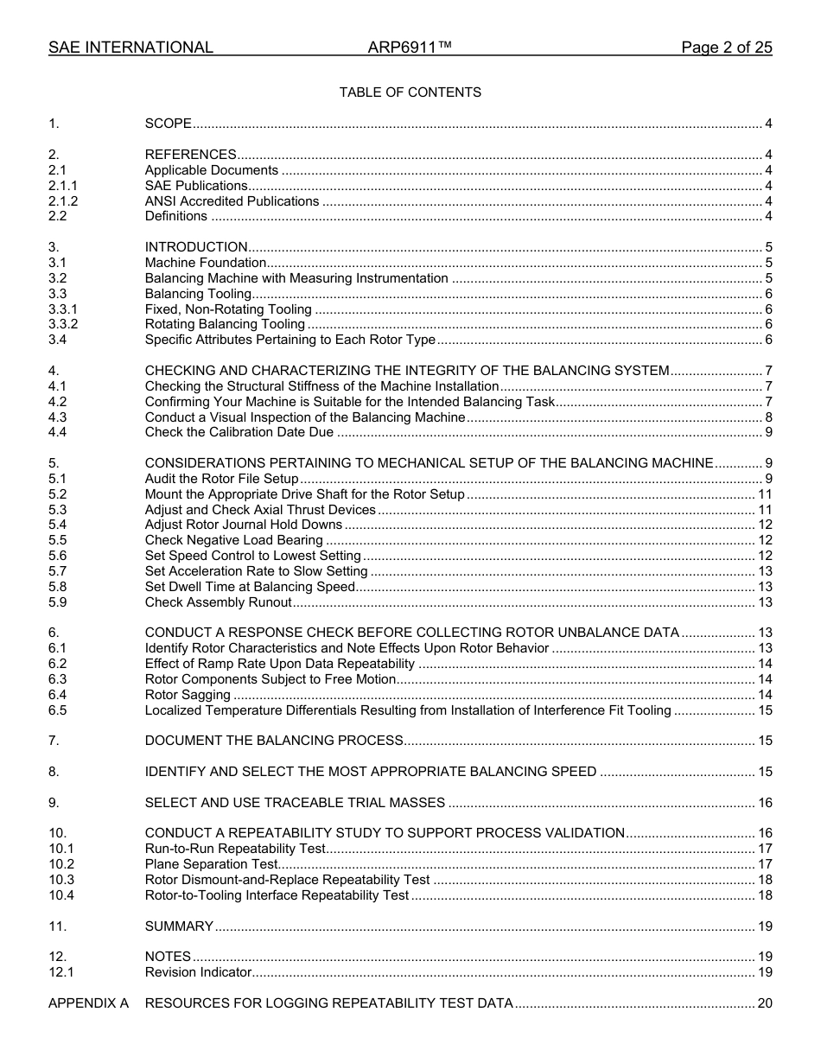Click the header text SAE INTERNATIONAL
click(x=130, y=48)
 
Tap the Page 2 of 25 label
click(x=726, y=48)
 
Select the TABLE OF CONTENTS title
click(x=410, y=92)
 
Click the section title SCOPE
click(x=168, y=124)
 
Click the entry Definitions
click(x=175, y=216)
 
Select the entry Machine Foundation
click(x=205, y=263)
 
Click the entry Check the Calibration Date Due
click(x=239, y=432)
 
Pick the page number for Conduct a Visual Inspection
click(x=768, y=417)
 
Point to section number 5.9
click(x=57, y=602)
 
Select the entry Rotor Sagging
click(x=188, y=695)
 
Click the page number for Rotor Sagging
click(x=765, y=695)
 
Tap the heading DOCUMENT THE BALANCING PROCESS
click(x=274, y=741)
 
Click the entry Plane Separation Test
click(x=211, y=864)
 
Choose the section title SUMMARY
click(x=179, y=926)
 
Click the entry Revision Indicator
click(x=198, y=972)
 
